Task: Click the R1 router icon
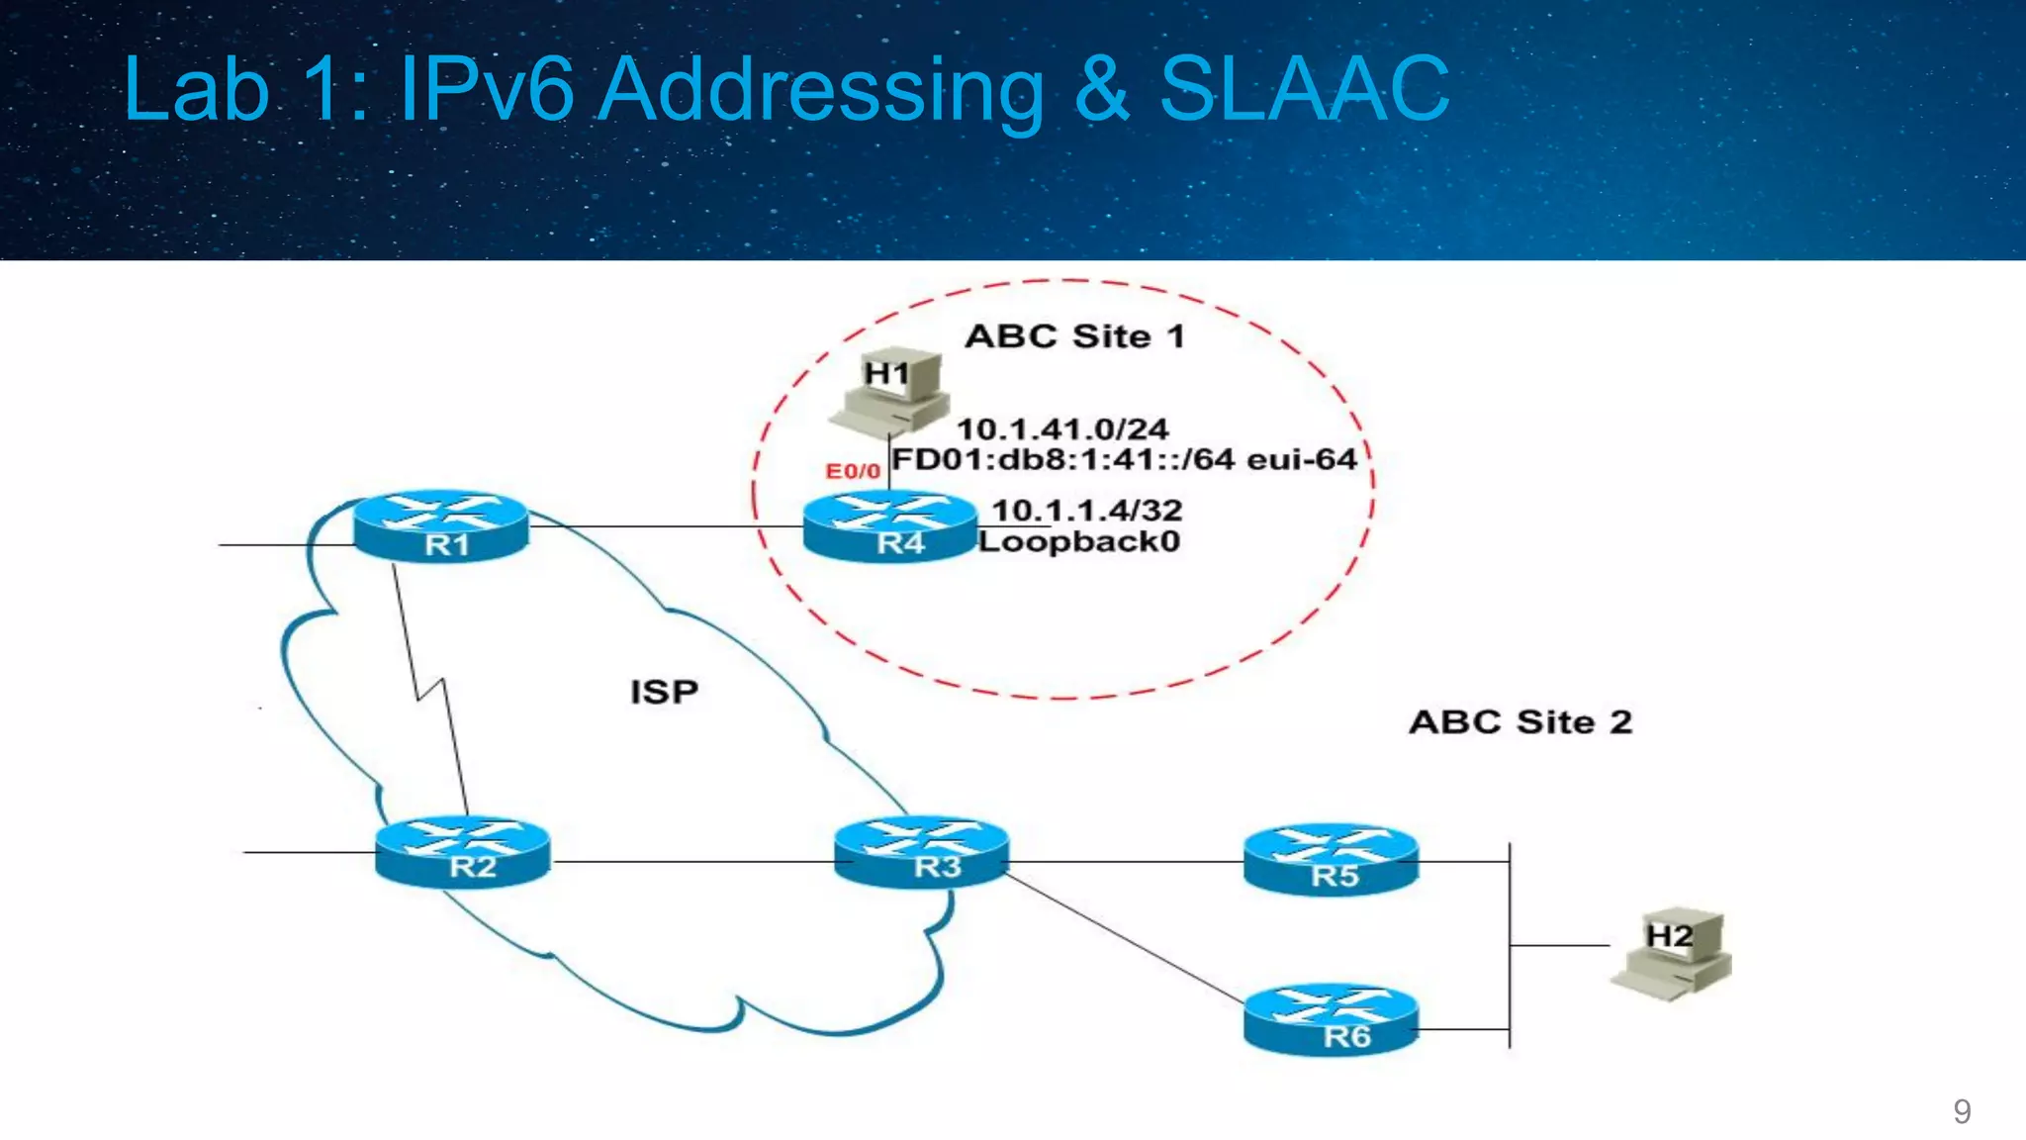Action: (x=441, y=526)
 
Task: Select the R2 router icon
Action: (x=462, y=852)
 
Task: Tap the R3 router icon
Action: (x=922, y=852)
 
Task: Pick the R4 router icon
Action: (x=889, y=526)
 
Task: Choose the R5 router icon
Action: (x=1331, y=860)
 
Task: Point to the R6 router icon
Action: (x=1331, y=1020)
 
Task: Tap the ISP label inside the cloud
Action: (x=664, y=692)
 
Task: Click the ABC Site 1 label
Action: (x=1074, y=336)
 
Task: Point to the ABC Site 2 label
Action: (x=1520, y=721)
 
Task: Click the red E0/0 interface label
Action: (x=853, y=471)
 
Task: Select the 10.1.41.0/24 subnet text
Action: (x=1062, y=429)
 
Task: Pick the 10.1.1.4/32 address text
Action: (x=1086, y=511)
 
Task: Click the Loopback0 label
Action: (x=1079, y=541)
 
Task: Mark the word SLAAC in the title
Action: (x=1303, y=89)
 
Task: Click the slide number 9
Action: (x=1962, y=1111)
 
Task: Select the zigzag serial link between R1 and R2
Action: (x=430, y=689)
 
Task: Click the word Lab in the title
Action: (x=196, y=89)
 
